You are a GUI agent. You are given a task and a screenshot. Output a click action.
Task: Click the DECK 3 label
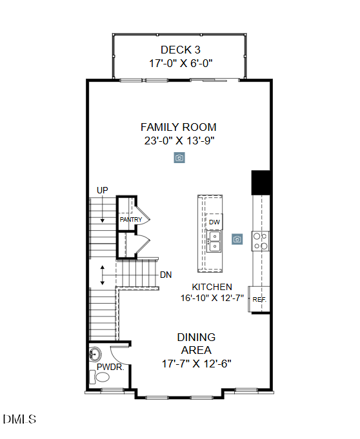tap(178, 50)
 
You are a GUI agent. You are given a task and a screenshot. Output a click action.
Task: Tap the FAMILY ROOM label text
tap(179, 127)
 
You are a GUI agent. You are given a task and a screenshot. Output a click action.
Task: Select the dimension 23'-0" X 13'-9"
tap(179, 141)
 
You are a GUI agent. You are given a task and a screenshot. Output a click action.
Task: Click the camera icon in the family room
tap(179, 158)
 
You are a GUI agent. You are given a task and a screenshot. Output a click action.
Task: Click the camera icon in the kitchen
tap(237, 239)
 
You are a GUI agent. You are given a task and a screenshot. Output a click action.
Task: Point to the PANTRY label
tap(130, 220)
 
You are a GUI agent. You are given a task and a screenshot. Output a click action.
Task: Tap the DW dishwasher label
tap(214, 222)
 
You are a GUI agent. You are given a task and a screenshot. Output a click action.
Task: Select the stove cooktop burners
tap(261, 240)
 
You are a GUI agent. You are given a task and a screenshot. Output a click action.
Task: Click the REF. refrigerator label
tap(259, 300)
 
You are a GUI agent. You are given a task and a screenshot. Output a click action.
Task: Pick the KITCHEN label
tap(212, 287)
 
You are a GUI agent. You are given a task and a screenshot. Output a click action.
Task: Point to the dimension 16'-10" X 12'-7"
tap(212, 298)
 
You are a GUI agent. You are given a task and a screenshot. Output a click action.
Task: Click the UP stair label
tap(102, 190)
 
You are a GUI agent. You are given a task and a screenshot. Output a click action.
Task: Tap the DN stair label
tap(166, 275)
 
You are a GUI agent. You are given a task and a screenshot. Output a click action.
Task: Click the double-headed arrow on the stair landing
tap(102, 275)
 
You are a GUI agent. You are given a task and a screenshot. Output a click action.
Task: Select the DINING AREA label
tap(196, 344)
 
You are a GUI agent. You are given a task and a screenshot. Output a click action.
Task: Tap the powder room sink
tap(95, 354)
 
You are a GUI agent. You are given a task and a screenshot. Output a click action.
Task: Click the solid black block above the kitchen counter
tap(261, 182)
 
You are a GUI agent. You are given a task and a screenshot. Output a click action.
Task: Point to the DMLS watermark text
tap(19, 419)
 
